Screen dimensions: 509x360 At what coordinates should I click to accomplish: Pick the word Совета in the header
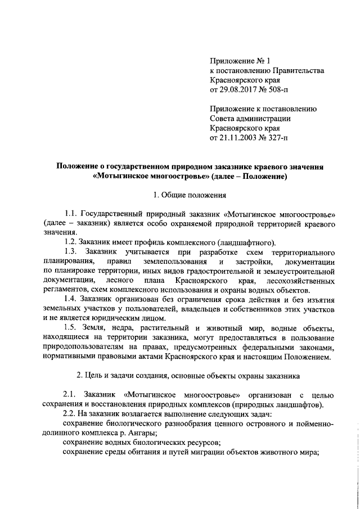coord(222,118)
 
